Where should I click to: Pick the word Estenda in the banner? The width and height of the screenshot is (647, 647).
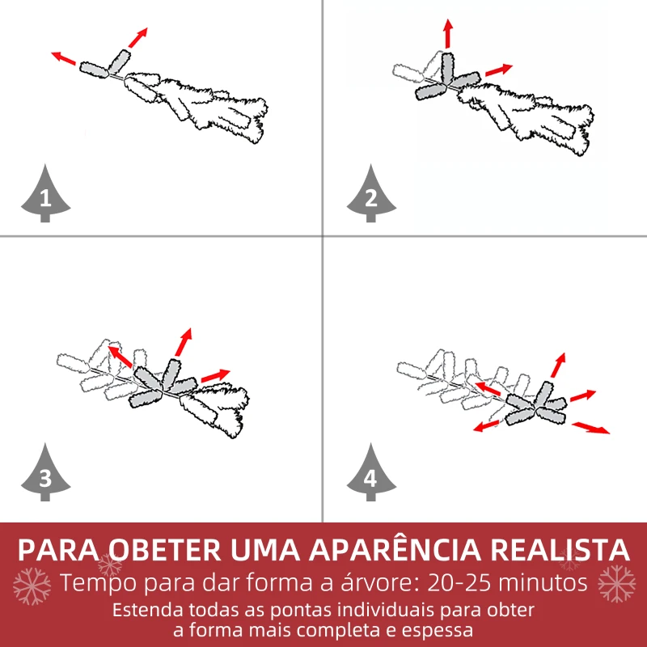145,609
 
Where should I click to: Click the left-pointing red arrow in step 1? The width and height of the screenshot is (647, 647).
65,58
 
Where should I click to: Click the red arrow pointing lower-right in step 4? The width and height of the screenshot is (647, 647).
591,427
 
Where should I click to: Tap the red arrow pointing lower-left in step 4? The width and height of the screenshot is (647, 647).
487,425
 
